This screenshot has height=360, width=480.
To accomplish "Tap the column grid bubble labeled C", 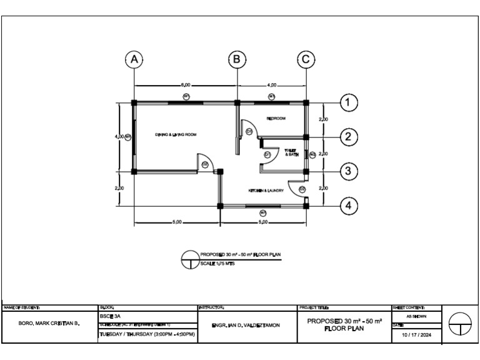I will pyautogui.click(x=306, y=59).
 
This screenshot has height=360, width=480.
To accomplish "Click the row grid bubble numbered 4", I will pyautogui.click(x=348, y=205).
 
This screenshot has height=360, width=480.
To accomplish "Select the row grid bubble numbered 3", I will pyautogui.click(x=348, y=171).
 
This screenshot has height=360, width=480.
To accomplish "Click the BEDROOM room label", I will pyautogui.click(x=276, y=118).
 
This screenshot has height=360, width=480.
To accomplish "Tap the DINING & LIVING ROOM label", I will pyautogui.click(x=176, y=134).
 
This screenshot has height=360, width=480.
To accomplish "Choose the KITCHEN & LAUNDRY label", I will pyautogui.click(x=266, y=191).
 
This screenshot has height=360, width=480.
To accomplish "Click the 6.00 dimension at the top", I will pyautogui.click(x=186, y=85).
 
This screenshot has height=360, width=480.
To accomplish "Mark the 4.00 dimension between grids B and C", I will pyautogui.click(x=272, y=85).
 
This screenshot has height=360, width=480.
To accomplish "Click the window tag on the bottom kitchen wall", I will pyautogui.click(x=263, y=212).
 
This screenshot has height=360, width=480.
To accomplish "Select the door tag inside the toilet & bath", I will pyautogui.click(x=267, y=154).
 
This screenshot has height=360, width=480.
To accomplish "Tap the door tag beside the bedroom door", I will pyautogui.click(x=248, y=131).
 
